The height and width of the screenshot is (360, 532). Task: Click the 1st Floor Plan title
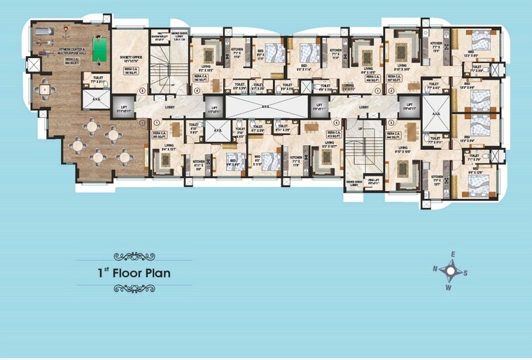[134, 272]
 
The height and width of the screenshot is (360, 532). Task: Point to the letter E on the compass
[453, 254]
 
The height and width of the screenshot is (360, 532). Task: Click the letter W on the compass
[449, 287]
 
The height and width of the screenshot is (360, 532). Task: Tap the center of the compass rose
[451, 271]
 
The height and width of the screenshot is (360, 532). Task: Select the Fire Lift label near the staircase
[374, 181]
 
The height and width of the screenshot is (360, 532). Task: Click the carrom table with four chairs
[45, 89]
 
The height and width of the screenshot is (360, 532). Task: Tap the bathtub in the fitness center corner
[43, 32]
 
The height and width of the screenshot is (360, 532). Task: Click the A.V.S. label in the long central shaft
[267, 106]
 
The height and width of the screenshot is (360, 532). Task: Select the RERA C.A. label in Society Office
[129, 71]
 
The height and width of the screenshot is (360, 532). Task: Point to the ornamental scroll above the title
[134, 256]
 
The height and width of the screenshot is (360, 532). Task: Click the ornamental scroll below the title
[134, 288]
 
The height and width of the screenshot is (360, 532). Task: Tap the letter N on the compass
[435, 268]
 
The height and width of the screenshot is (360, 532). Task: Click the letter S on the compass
[467, 273]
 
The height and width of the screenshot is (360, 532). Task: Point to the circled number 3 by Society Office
[143, 90]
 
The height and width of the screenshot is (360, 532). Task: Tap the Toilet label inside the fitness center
[97, 79]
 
